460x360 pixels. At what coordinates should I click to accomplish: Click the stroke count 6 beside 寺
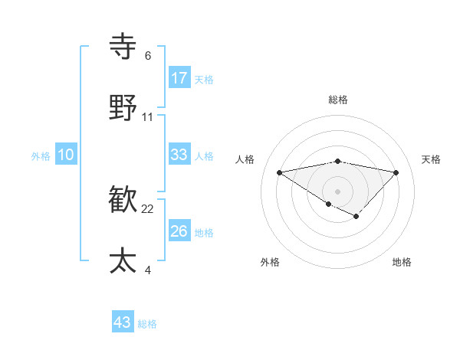[148, 56]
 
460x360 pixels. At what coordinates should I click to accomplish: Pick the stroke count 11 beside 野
[148, 117]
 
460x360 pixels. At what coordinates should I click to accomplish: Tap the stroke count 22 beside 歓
[148, 209]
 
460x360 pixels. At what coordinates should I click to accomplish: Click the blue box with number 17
[179, 78]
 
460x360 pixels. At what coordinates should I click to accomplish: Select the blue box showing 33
[179, 155]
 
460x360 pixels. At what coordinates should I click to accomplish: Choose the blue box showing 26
[179, 231]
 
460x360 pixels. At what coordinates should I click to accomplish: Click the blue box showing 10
[66, 155]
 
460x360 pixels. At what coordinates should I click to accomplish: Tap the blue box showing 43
[123, 322]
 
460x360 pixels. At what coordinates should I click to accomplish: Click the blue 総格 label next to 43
[148, 324]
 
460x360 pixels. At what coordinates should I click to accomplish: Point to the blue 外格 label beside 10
[41, 156]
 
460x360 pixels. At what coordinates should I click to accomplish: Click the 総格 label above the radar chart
[338, 100]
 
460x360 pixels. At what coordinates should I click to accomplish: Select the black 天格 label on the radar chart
[431, 159]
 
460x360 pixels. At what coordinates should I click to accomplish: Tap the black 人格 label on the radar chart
[245, 159]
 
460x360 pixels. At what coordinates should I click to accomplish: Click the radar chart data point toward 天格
[396, 172]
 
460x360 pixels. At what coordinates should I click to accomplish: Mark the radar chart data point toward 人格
[280, 172]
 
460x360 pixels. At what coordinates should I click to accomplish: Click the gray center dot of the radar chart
[337, 191]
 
